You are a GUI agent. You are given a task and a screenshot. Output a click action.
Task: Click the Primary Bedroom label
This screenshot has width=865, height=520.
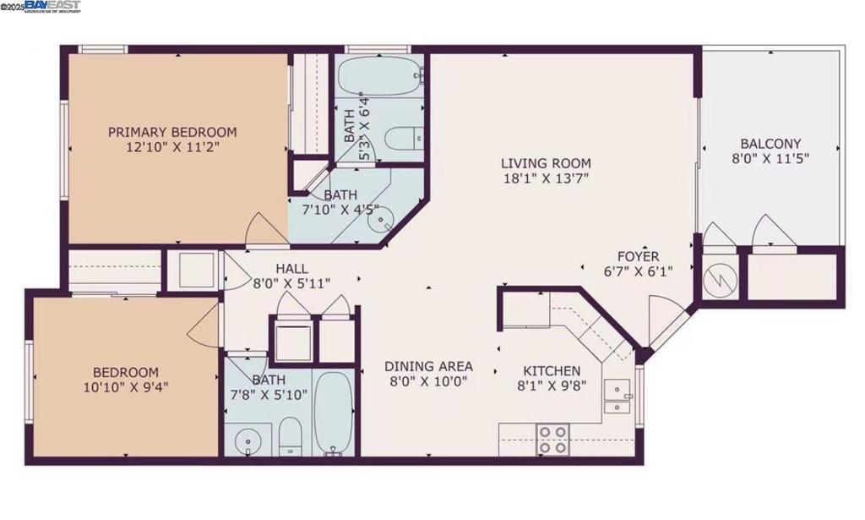pyautogui.click(x=172, y=132)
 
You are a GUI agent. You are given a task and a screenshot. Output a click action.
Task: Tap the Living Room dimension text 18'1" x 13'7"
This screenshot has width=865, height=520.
pyautogui.click(x=545, y=178)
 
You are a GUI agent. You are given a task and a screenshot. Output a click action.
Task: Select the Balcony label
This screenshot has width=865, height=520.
pyautogui.click(x=770, y=144)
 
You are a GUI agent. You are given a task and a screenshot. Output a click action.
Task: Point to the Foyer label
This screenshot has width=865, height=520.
pyautogui.click(x=638, y=256)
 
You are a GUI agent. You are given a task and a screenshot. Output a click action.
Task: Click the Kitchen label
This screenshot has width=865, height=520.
pyautogui.click(x=552, y=371)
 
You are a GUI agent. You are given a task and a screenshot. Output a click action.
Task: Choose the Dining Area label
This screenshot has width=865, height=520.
pyautogui.click(x=428, y=366)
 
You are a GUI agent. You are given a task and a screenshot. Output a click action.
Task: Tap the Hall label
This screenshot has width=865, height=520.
pyautogui.click(x=291, y=269)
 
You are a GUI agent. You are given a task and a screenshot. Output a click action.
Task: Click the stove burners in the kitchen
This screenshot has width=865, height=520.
pyautogui.click(x=552, y=439)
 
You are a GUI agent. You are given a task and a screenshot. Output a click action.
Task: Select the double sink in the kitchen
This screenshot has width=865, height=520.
pyautogui.click(x=620, y=398)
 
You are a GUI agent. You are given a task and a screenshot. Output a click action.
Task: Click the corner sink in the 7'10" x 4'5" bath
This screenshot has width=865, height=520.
pyautogui.click(x=384, y=222)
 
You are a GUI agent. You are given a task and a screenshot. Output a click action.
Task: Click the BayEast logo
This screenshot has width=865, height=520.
pyautogui.click(x=53, y=7)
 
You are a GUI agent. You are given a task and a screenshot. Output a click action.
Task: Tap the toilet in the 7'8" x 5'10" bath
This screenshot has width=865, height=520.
pyautogui.click(x=290, y=435)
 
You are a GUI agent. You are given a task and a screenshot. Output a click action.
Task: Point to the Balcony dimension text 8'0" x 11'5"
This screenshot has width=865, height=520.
pyautogui.click(x=770, y=159)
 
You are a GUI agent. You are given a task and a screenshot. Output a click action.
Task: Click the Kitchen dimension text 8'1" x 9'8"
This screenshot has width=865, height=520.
pyautogui.click(x=552, y=386)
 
